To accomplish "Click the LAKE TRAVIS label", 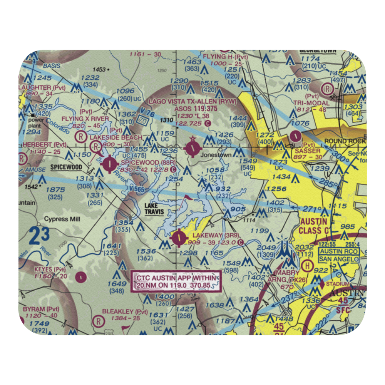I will pos(154,209).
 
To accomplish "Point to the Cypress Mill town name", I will pos(62,219).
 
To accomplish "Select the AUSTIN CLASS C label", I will pos(313,226).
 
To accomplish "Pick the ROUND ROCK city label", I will pos(344,141).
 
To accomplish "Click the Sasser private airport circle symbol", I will pos(295,136).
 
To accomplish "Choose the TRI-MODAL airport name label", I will pos(311,103).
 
